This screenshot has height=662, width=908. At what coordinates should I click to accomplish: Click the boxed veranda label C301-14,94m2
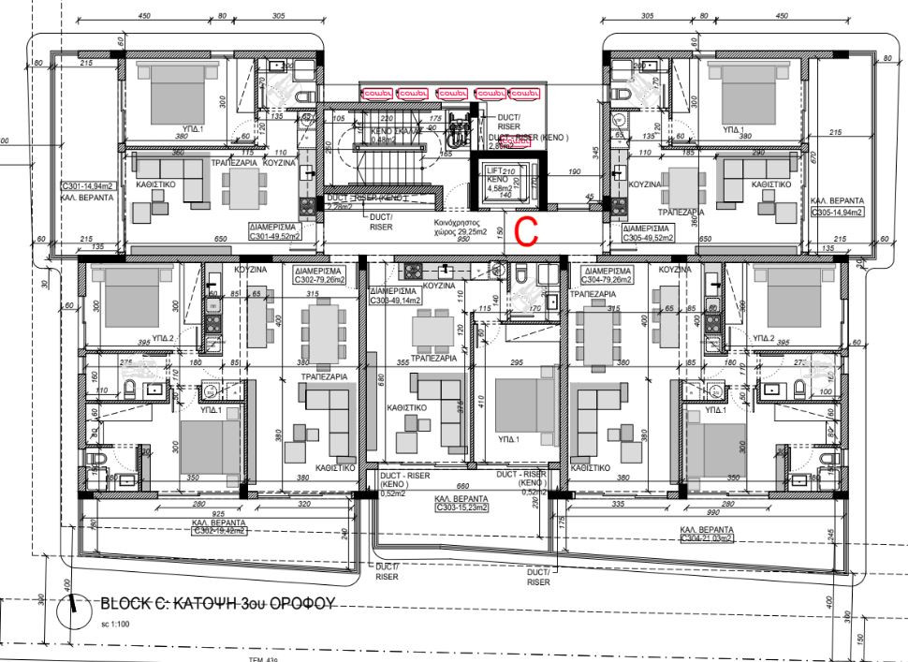pyautogui.click(x=89, y=186)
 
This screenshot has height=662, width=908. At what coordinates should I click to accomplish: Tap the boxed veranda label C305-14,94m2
pyautogui.click(x=838, y=213)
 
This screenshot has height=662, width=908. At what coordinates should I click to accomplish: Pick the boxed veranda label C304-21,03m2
pyautogui.click(x=709, y=538)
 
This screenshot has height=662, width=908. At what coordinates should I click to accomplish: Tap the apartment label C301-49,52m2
pyautogui.click(x=276, y=231)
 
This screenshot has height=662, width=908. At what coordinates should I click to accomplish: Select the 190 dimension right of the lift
pyautogui.click(x=576, y=171)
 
